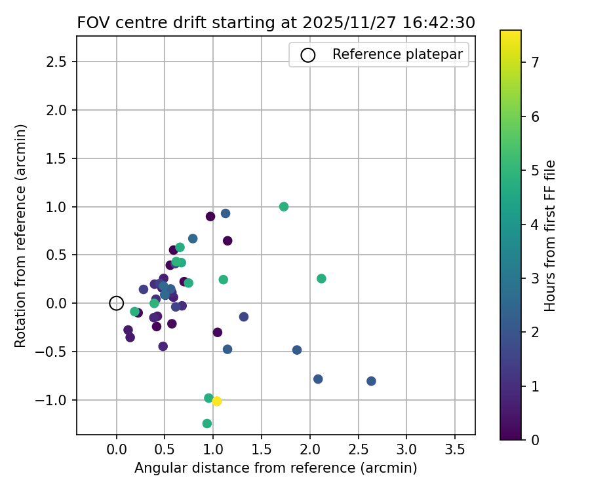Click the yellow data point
tap(217, 401)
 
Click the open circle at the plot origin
tap(117, 303)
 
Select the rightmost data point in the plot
tap(371, 381)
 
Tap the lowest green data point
tap(207, 424)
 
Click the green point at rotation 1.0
tap(284, 207)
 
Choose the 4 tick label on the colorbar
tap(535, 225)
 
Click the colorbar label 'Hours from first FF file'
tap(551, 236)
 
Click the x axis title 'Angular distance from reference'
tap(276, 468)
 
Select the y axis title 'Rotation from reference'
tap(21, 236)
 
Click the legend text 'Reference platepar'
tap(401, 54)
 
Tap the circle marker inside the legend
tap(307, 55)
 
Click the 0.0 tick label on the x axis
tap(117, 450)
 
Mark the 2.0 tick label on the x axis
tap(309, 450)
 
